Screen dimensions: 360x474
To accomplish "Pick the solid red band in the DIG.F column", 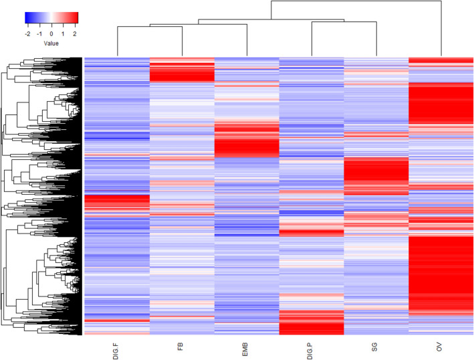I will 117,203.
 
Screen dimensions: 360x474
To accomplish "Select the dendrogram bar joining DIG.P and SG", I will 344,23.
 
